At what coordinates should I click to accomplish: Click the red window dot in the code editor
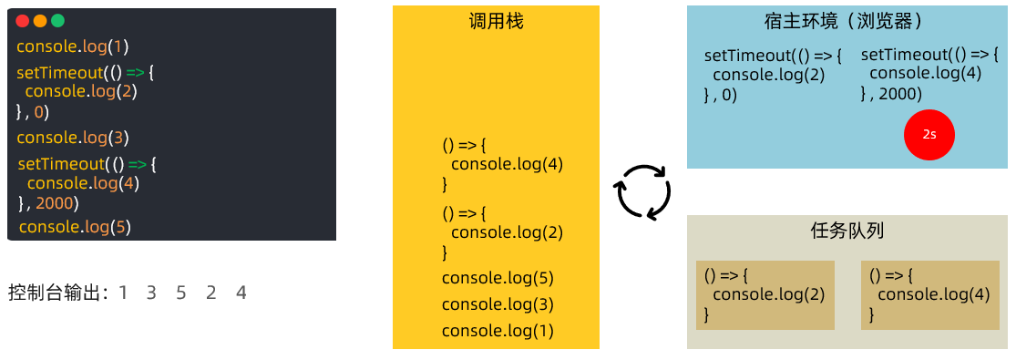pyautogui.click(x=23, y=21)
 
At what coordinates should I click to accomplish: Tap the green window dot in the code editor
pyautogui.click(x=57, y=21)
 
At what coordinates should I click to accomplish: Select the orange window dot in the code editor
pyautogui.click(x=40, y=21)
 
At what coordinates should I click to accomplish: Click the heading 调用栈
pyautogui.click(x=496, y=22)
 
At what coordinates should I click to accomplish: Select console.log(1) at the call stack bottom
pyautogui.click(x=498, y=331)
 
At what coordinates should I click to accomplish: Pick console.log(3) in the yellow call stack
pyautogui.click(x=498, y=304)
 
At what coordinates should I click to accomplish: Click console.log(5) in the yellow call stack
pyautogui.click(x=498, y=278)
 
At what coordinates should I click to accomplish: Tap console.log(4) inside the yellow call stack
pyautogui.click(x=507, y=165)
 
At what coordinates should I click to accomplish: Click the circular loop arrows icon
pyautogui.click(x=644, y=192)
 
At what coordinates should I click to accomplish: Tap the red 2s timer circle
pyautogui.click(x=929, y=134)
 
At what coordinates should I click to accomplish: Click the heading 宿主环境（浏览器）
pyautogui.click(x=844, y=22)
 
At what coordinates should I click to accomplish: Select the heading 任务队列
pyautogui.click(x=847, y=231)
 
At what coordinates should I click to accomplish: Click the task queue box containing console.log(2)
pyautogui.click(x=765, y=294)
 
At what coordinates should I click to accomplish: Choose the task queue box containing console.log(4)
pyautogui.click(x=929, y=294)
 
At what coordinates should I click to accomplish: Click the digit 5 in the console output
pyautogui.click(x=180, y=293)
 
